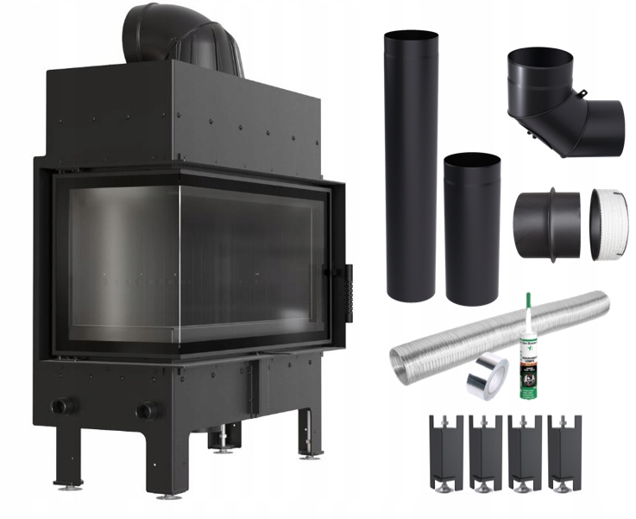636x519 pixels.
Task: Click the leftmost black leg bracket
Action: [444, 449]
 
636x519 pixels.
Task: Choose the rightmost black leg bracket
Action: [565, 449]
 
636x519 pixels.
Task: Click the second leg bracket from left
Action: [485, 449]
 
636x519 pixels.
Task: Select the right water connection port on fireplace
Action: [148, 409]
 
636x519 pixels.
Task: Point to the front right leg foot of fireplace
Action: [170, 491]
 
